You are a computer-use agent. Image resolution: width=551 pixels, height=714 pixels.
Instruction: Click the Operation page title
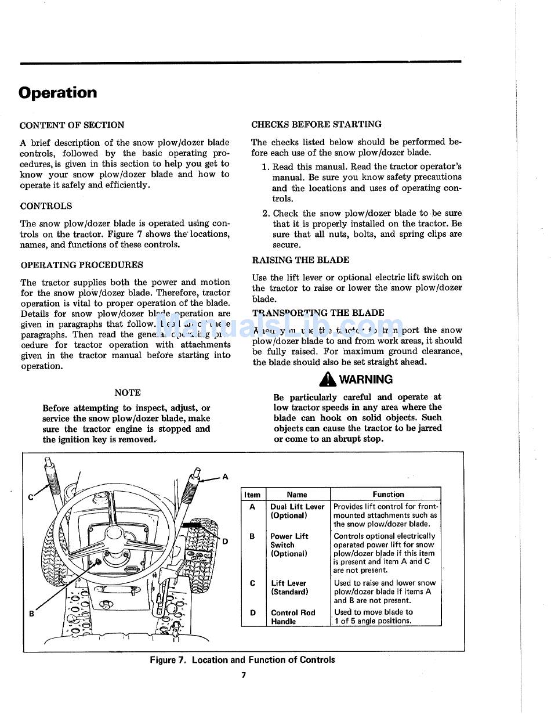tap(58, 93)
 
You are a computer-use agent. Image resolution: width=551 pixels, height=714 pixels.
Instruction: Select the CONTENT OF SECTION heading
tap(72, 125)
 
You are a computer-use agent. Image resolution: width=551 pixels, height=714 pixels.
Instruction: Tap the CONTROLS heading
tap(46, 206)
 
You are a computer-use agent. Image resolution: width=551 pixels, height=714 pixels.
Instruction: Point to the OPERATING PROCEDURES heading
tap(82, 265)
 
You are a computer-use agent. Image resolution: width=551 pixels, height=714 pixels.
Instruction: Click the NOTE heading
tap(128, 392)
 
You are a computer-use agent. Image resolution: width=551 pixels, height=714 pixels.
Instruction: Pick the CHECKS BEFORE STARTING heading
tap(316, 124)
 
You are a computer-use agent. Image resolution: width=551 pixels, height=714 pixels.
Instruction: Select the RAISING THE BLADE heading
tap(300, 260)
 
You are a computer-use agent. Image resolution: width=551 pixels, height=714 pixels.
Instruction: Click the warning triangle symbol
tap(328, 380)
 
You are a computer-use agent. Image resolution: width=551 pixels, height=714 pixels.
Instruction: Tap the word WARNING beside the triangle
tap(365, 380)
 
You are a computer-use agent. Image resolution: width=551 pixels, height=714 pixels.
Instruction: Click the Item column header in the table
tap(252, 495)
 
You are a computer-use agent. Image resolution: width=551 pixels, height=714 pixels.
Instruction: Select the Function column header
tap(388, 495)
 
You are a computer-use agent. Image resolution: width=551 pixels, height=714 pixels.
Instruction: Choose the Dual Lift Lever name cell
tap(297, 511)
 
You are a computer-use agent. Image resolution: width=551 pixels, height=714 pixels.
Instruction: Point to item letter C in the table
tap(252, 583)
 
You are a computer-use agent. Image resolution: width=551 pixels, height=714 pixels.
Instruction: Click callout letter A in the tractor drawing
tap(226, 477)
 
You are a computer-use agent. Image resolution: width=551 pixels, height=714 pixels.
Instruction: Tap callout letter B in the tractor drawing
tap(31, 614)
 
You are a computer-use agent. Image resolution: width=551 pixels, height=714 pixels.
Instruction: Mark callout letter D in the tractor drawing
tap(225, 542)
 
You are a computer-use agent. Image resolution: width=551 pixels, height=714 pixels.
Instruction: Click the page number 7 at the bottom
tap(244, 675)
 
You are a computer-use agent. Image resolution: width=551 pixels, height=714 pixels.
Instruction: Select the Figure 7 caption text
tap(242, 660)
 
